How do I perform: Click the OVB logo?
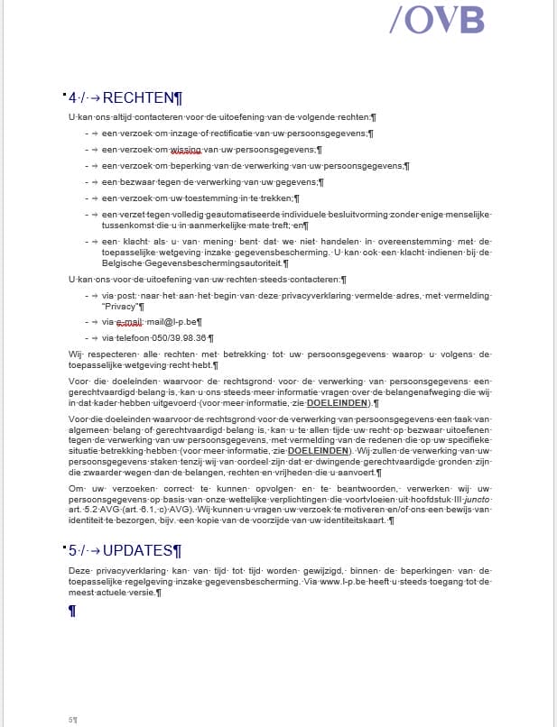[x=437, y=19]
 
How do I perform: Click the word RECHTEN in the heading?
[x=137, y=98]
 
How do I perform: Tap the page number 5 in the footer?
[x=70, y=720]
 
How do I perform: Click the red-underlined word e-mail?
[x=132, y=321]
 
